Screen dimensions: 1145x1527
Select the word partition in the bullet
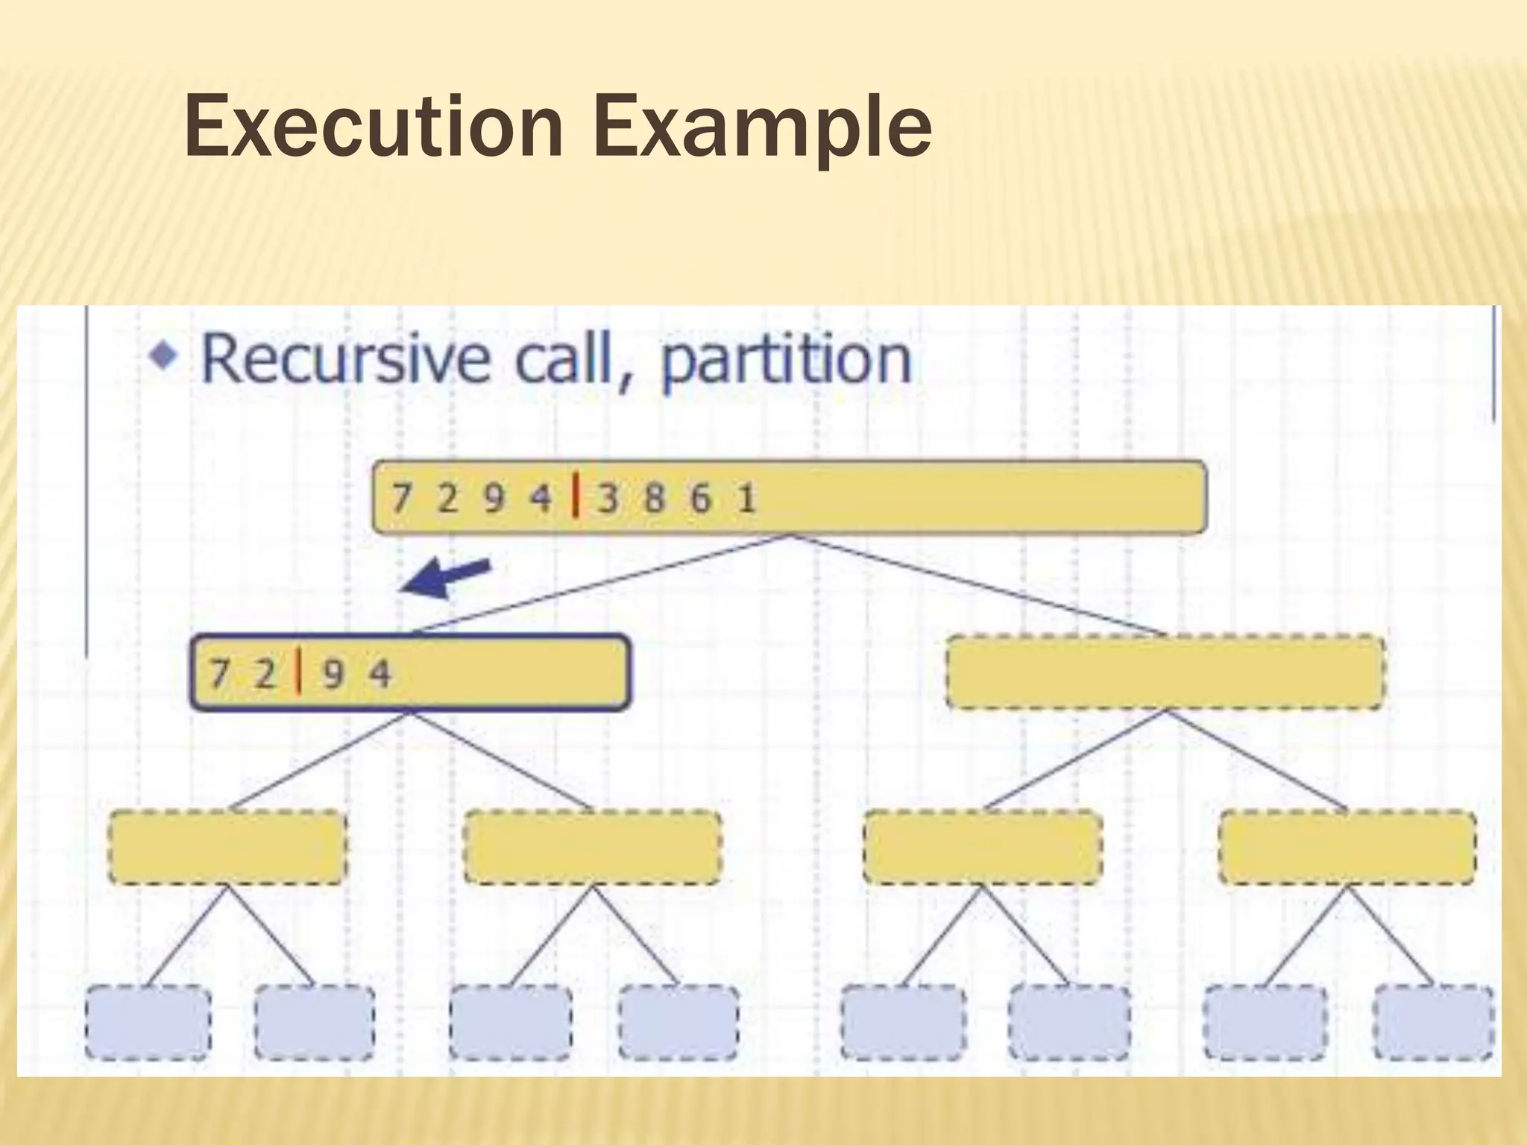(x=786, y=362)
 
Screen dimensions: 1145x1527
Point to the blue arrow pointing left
(x=446, y=578)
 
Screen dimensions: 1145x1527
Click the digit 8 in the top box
(x=654, y=498)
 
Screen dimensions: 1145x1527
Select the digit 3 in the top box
(x=608, y=498)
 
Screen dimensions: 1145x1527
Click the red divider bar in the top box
(x=575, y=496)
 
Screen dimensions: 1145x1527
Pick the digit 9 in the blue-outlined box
(x=333, y=674)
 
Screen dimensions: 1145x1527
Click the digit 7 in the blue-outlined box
(x=218, y=674)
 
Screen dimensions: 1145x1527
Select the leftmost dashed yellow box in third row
(x=227, y=848)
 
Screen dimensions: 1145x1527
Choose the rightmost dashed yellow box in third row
(x=1347, y=848)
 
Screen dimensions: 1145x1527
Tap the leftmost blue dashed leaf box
(x=148, y=1022)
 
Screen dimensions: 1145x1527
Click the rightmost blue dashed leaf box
(x=1434, y=1022)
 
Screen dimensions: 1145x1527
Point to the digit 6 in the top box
(x=700, y=498)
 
